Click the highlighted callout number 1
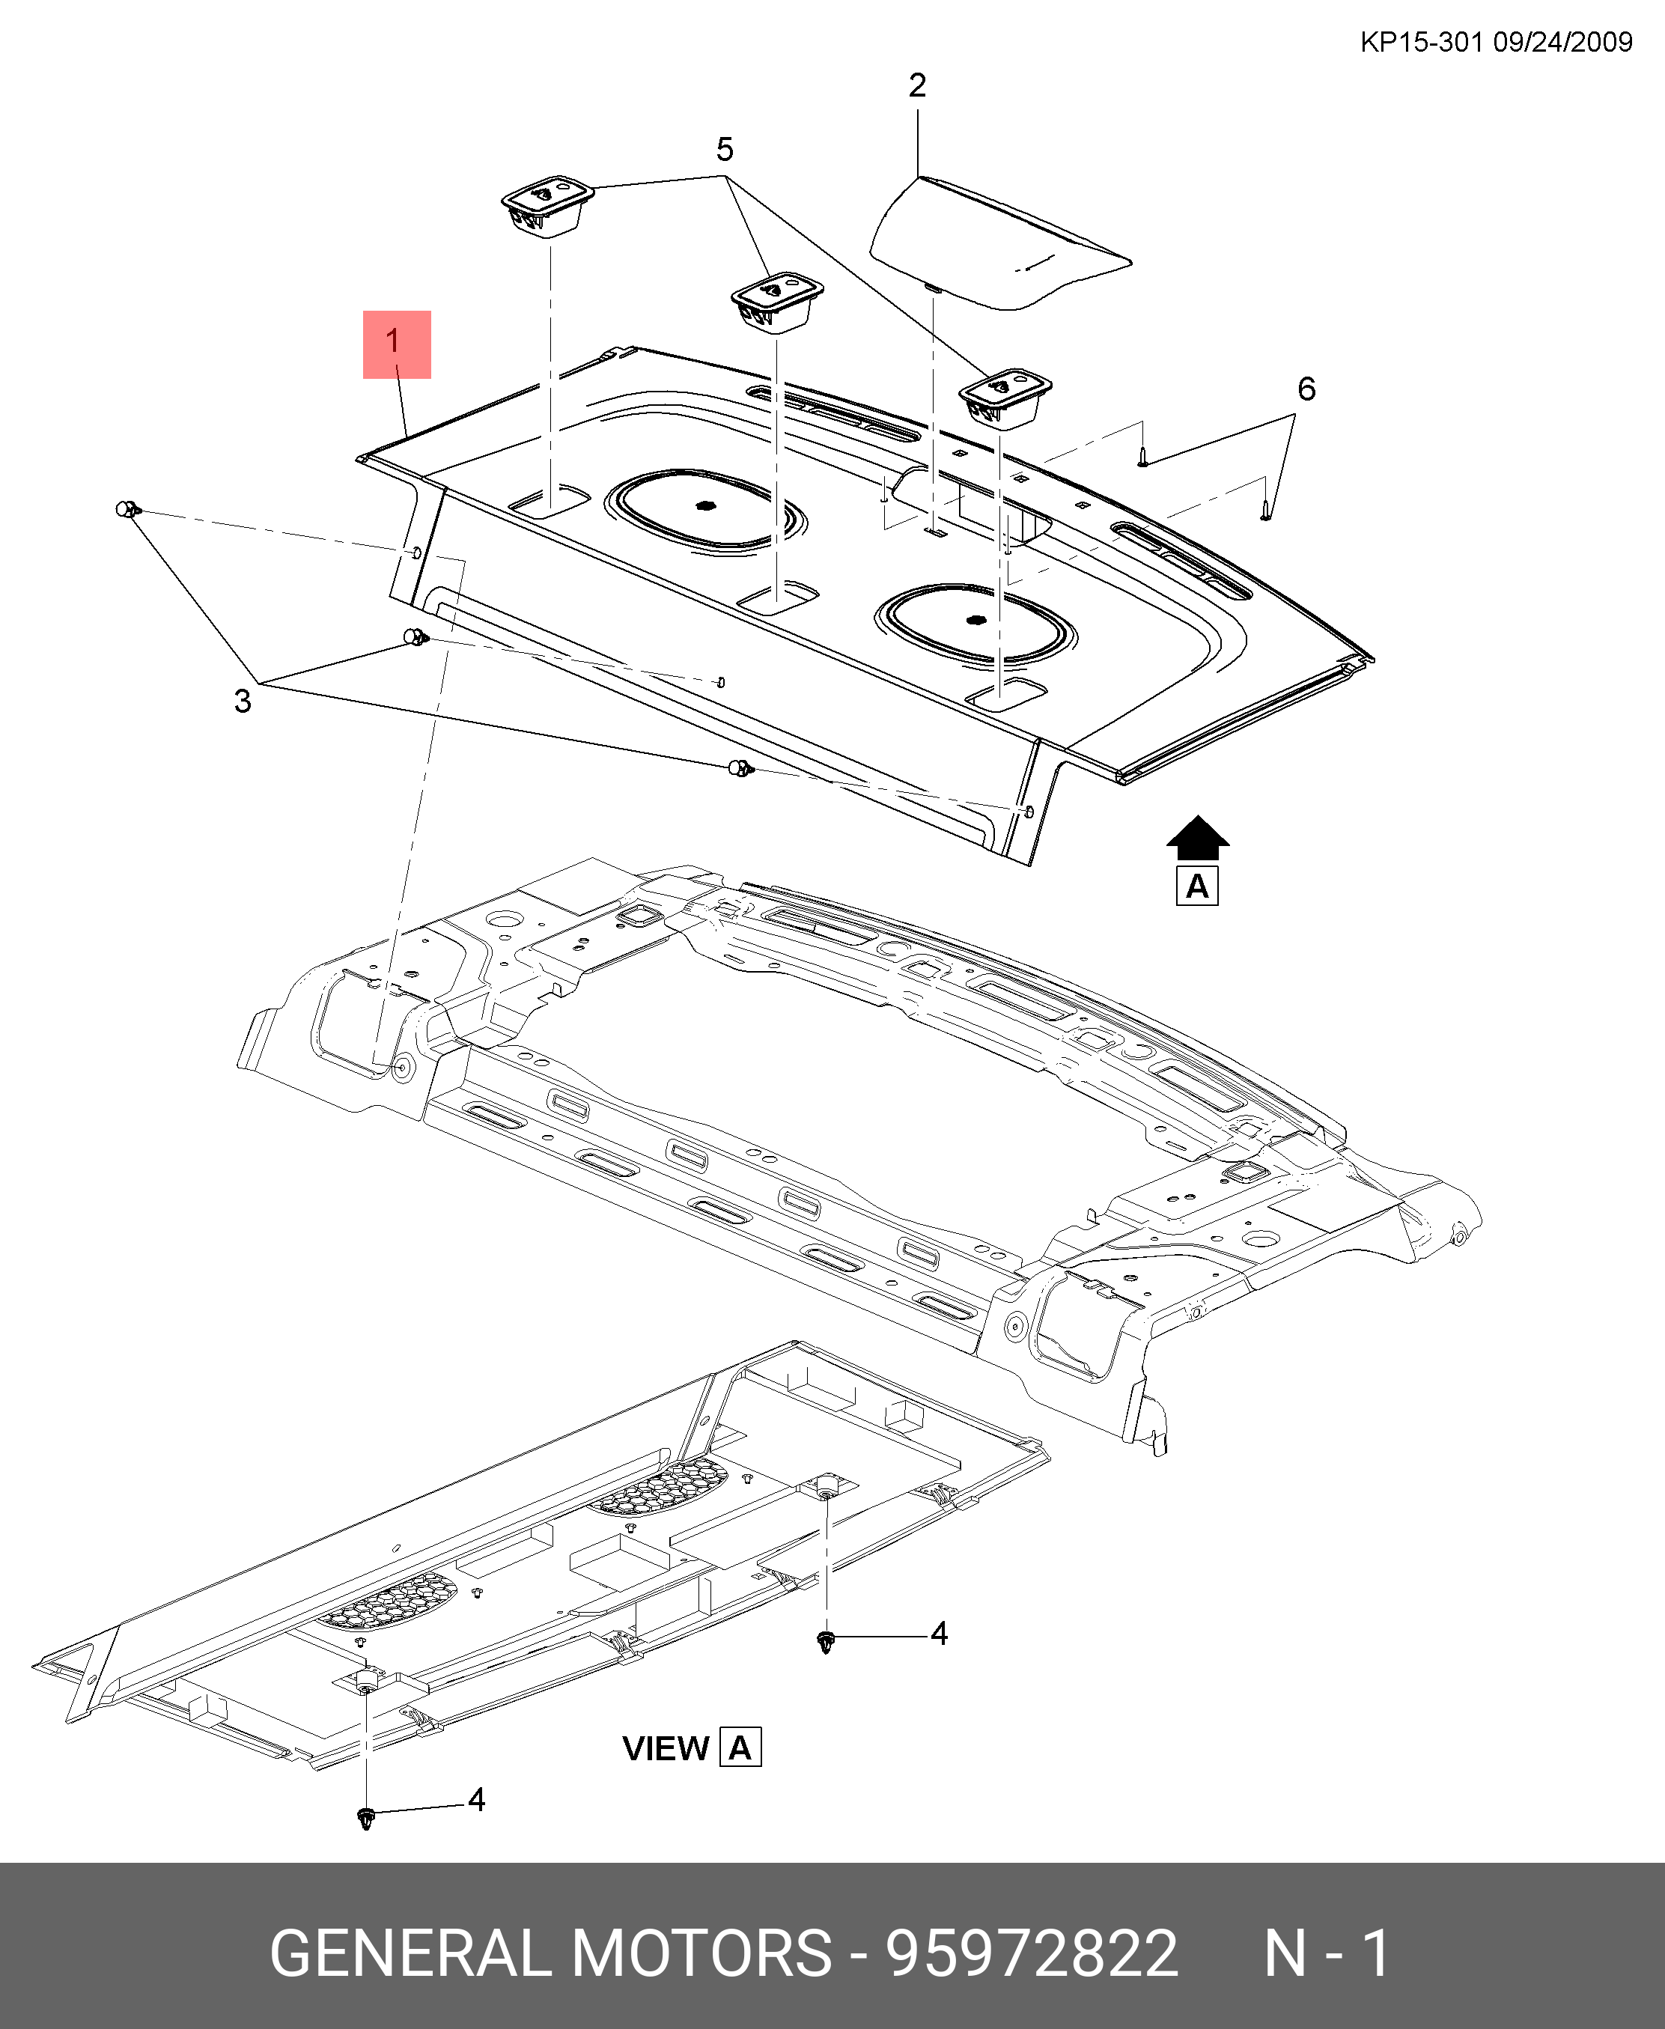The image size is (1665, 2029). tap(395, 344)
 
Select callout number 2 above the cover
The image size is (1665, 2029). tap(917, 86)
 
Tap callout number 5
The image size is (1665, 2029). tap(725, 150)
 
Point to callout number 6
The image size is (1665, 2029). tap(1306, 389)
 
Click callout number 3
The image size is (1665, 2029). tap(243, 702)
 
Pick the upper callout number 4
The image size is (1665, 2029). tap(939, 1634)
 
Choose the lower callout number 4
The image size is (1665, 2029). tap(477, 1800)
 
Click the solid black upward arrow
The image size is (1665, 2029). tap(1197, 838)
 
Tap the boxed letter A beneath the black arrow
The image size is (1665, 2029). tap(1197, 886)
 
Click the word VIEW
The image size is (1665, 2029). tap(666, 1749)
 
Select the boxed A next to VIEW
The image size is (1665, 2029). tap(740, 1748)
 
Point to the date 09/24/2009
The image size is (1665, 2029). tap(1563, 42)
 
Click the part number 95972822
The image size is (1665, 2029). tap(1031, 1952)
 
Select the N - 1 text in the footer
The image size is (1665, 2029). tap(1327, 1952)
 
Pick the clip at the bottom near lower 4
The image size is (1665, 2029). tap(365, 1818)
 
